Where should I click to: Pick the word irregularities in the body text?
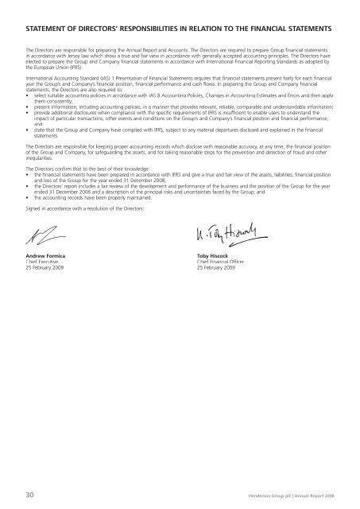coord(41,157)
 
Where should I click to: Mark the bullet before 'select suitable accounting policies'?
coord(28,103)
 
